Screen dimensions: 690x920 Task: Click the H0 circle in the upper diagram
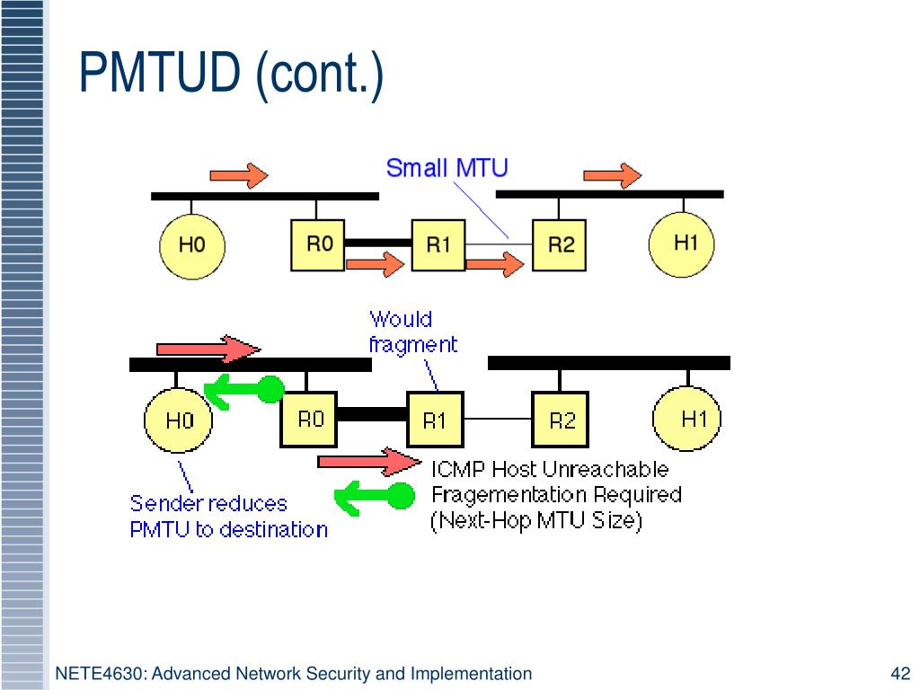191,244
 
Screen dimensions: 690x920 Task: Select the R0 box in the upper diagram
318,243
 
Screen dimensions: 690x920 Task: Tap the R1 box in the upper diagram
438,243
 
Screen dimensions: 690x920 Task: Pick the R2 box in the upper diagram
560,243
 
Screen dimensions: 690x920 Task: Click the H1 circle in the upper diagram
686,243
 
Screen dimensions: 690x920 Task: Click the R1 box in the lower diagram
435,420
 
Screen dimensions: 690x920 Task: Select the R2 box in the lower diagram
561,420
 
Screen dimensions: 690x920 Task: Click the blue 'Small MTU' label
447,168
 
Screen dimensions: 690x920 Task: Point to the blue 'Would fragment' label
412,332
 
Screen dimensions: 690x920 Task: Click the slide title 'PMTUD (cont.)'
231,74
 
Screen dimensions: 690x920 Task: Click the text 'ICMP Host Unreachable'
550,469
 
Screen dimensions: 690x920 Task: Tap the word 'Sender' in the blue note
164,503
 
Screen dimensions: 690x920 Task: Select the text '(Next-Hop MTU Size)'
536,521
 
